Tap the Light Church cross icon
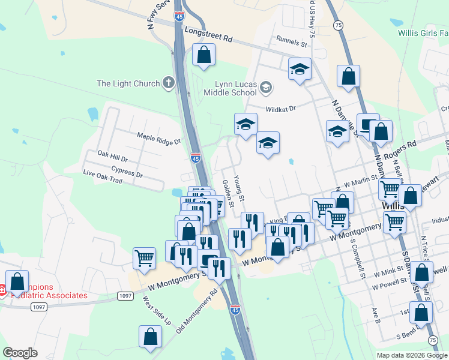(169, 83)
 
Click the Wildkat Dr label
(281, 109)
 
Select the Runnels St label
(292, 42)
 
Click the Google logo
(20, 353)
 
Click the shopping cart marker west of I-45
(145, 259)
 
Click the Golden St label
(228, 190)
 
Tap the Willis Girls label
(423, 33)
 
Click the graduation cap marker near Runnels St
(300, 69)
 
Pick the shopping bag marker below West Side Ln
(150, 337)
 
